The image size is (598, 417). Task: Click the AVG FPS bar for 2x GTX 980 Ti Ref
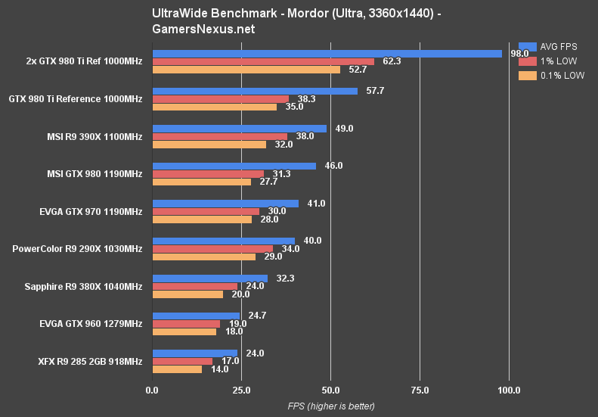coord(327,54)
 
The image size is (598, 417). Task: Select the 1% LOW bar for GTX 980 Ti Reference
coord(221,99)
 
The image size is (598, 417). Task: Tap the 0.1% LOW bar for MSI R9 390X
coord(209,145)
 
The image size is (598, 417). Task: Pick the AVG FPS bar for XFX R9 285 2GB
coord(195,353)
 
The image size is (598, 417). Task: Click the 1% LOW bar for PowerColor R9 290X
coord(212,248)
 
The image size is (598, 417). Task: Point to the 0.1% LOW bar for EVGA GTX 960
coord(184,331)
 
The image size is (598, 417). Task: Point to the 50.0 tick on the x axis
coord(330,391)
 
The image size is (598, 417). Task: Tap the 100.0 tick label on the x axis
coord(509,391)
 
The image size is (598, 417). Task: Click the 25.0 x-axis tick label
coord(241,391)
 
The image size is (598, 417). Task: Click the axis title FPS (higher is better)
coord(330,406)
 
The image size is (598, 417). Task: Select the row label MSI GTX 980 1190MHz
coord(95,174)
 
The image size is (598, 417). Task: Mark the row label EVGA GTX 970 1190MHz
coord(92,212)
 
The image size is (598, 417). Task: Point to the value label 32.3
coord(286,279)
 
